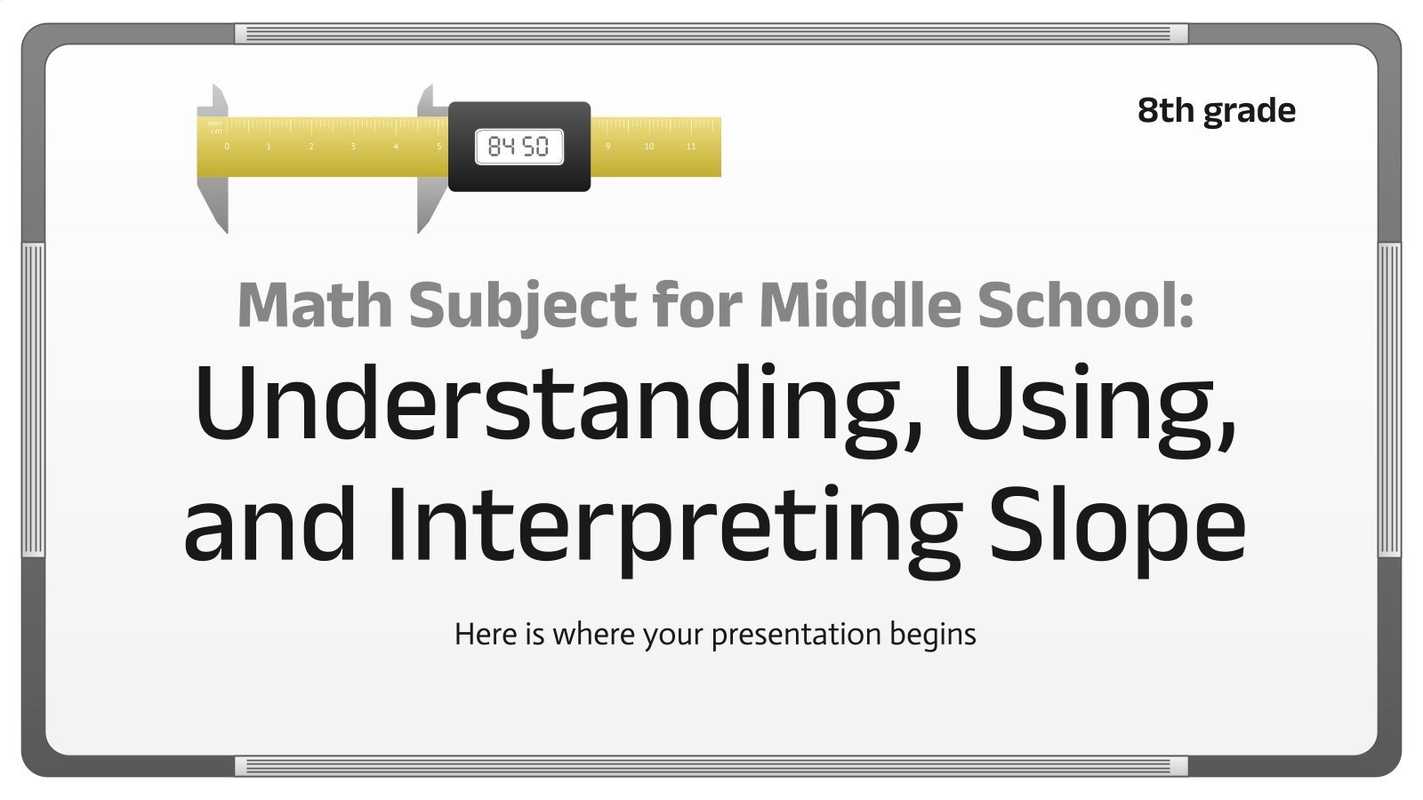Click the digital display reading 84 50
pos(519,147)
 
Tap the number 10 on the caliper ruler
pos(648,147)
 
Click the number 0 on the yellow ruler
pos(227,147)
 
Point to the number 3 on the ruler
pos(353,147)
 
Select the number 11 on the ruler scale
pos(691,147)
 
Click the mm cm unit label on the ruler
pos(215,127)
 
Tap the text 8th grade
pos(1216,110)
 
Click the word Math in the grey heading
pos(314,305)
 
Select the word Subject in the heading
pos(522,305)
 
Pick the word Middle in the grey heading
pos(860,305)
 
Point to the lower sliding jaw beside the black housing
pos(430,203)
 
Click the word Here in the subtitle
pos(486,635)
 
